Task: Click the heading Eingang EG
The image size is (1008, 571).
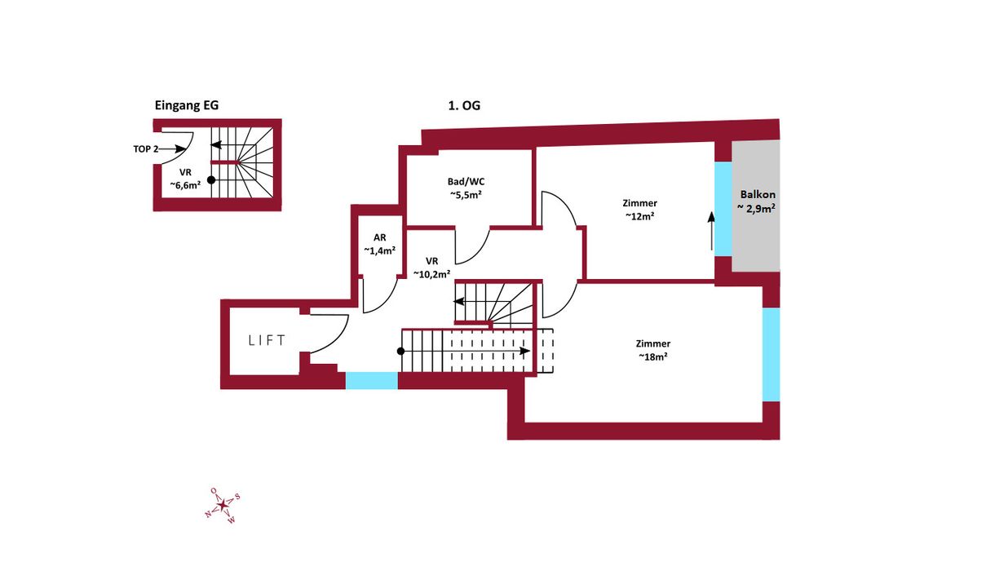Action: tap(186, 105)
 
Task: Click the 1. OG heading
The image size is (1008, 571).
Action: tap(464, 105)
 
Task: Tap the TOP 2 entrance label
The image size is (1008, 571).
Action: tap(146, 149)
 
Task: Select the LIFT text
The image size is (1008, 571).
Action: tap(267, 340)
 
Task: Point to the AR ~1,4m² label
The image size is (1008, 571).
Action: tap(380, 245)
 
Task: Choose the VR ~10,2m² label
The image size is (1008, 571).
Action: tap(432, 268)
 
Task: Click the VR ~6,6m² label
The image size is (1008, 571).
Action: tap(185, 179)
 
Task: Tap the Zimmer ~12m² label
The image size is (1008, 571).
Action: tap(640, 210)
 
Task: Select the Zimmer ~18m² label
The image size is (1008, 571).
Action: tap(653, 350)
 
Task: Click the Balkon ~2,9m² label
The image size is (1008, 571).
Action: tap(758, 201)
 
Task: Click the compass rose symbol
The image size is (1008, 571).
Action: tap(223, 505)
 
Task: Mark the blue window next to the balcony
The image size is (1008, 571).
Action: tap(723, 209)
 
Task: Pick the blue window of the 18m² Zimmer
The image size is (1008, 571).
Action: tap(771, 355)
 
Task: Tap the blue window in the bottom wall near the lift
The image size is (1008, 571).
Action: tap(372, 381)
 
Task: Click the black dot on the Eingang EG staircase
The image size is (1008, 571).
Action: tap(211, 180)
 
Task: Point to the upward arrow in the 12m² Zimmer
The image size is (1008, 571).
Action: tap(711, 231)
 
